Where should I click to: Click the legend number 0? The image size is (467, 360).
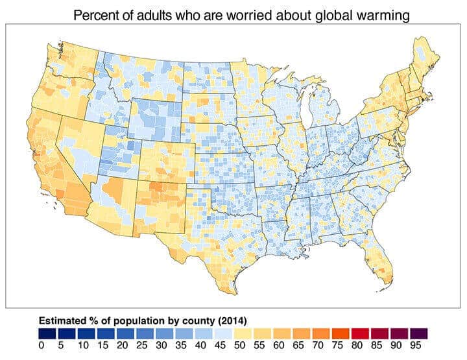(42, 346)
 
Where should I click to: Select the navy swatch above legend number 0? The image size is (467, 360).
(47, 333)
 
